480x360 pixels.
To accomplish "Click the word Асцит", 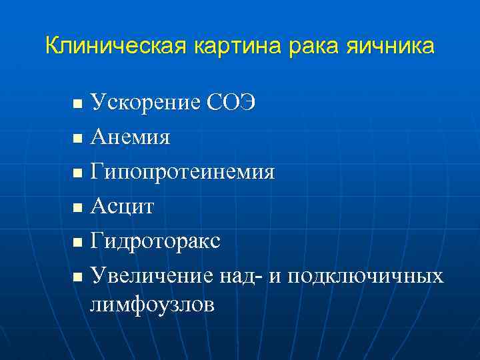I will pos(122,207).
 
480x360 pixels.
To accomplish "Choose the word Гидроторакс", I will pos(155,241).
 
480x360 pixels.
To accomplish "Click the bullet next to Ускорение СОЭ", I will pos(77,105).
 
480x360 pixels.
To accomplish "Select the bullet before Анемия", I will pos(77,139).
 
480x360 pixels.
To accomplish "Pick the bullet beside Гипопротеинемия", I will pos(77,174).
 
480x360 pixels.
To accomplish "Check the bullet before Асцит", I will pos(77,208).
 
